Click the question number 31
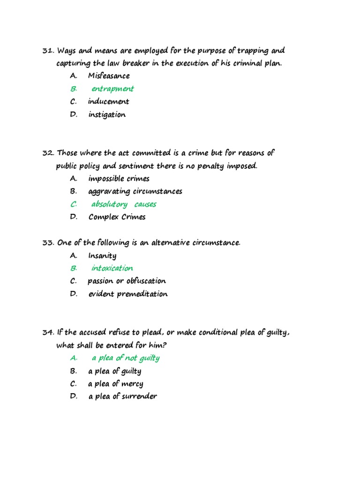point(48,51)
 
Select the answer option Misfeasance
point(109,76)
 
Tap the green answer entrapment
point(112,89)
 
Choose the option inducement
point(108,102)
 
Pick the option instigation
point(107,114)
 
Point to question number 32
point(48,153)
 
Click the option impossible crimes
point(119,179)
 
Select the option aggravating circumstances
point(135,191)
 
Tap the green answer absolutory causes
point(124,204)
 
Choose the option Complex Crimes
point(117,217)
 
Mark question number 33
point(48,243)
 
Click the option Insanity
point(102,255)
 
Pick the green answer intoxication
point(112,268)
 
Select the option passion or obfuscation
point(127,281)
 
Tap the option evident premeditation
point(128,294)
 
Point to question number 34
point(48,332)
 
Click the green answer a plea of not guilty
point(125,358)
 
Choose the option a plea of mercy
point(116,384)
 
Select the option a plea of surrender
point(122,397)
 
